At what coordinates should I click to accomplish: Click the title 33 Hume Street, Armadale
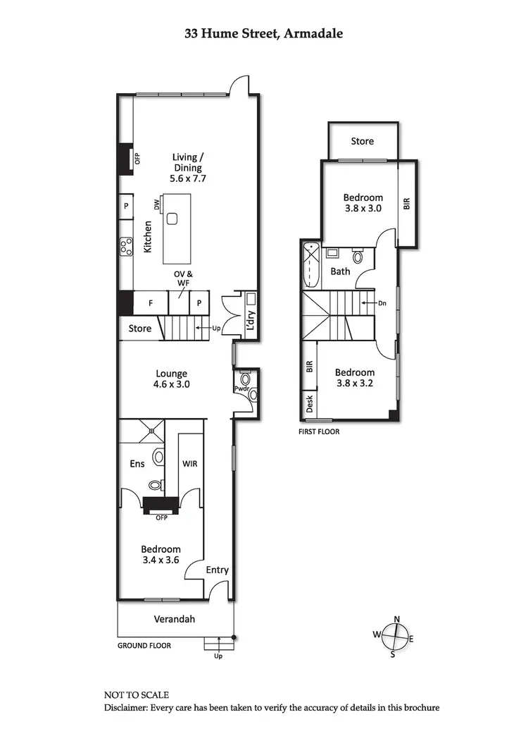264,33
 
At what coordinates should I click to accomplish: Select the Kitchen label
149,237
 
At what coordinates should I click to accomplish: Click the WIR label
189,464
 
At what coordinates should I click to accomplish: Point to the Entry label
218,570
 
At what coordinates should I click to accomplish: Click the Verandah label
174,620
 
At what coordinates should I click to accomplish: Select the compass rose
397,637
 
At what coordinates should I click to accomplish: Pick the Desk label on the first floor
309,403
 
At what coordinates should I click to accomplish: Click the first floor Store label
363,141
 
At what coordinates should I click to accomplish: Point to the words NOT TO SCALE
137,694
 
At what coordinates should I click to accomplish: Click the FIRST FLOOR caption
320,431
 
